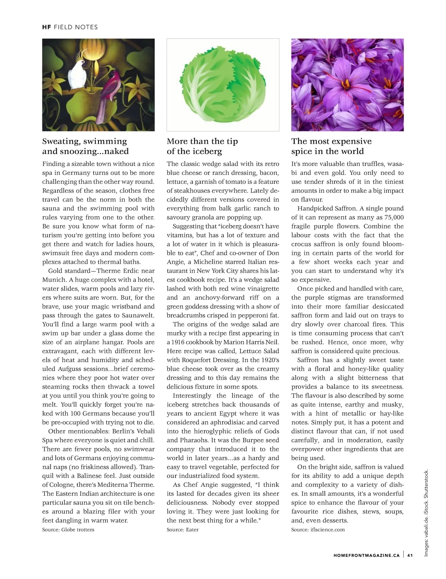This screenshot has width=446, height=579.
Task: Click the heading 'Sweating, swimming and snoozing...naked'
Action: (85, 146)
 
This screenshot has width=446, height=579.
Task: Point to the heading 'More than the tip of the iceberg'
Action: (202, 146)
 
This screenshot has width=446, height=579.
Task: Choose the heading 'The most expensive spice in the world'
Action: (331, 146)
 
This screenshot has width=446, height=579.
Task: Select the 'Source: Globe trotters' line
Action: (68, 530)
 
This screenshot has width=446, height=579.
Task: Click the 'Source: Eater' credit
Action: (182, 530)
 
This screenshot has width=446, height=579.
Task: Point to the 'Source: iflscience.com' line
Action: (318, 530)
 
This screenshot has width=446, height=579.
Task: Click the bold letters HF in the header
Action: (46, 27)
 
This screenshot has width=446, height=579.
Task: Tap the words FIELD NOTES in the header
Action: (76, 27)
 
